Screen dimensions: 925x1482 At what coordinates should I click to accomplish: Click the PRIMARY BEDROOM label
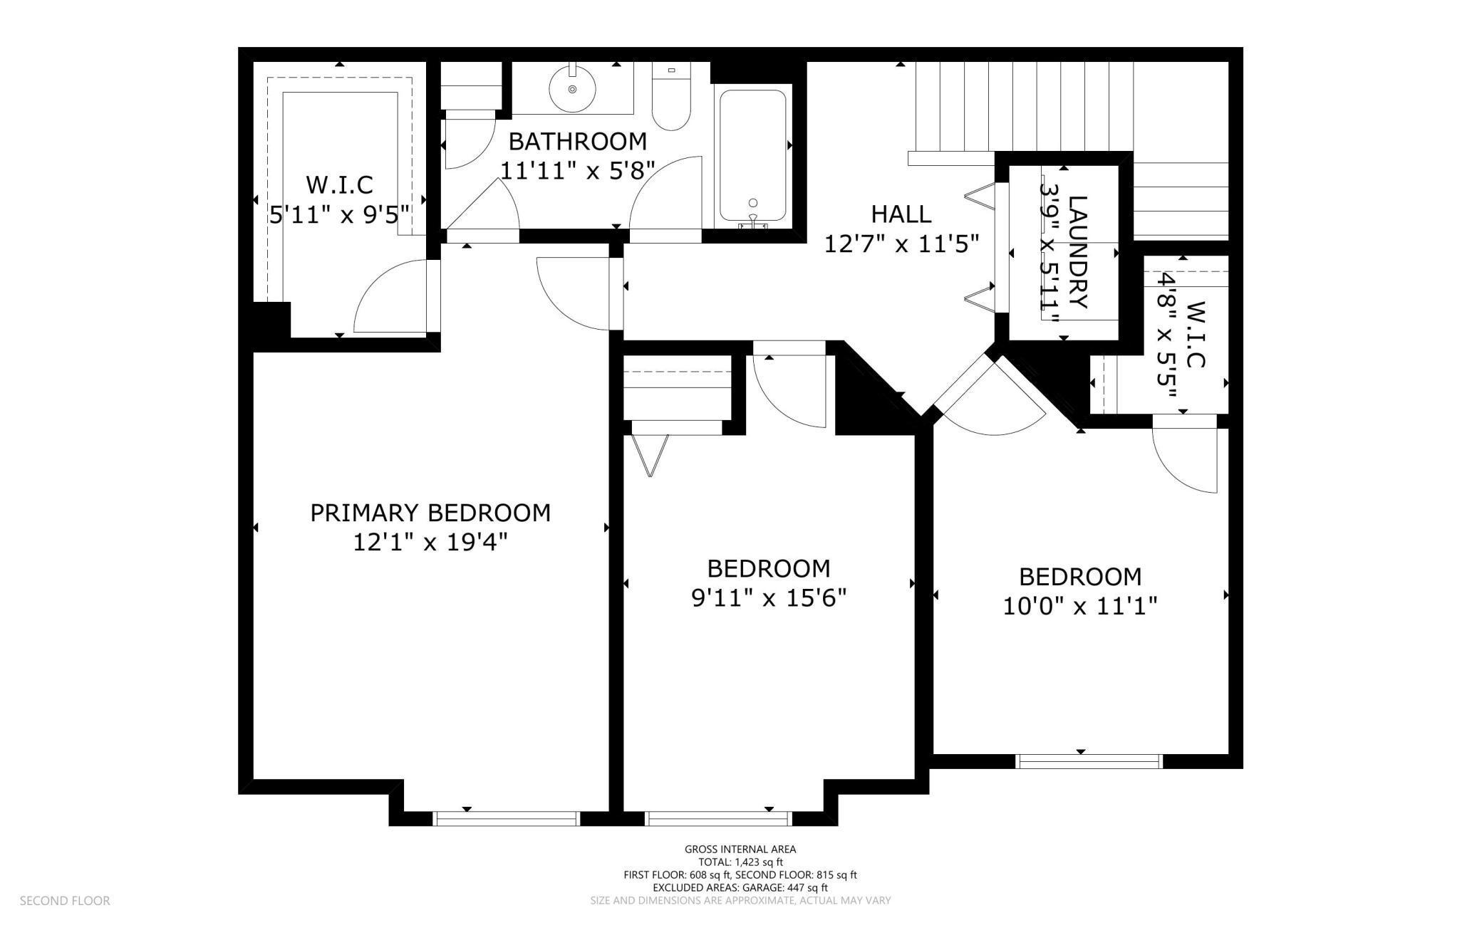tap(430, 513)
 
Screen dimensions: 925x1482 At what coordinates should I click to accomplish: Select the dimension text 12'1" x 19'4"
tap(430, 543)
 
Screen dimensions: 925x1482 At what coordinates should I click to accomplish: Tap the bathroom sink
tap(572, 89)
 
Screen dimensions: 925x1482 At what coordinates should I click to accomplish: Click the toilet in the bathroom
tap(671, 100)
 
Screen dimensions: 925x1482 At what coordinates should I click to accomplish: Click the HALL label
tap(901, 214)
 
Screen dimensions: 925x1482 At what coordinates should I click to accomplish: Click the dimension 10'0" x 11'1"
tap(1079, 607)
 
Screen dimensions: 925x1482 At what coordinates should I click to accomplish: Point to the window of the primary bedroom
tap(507, 819)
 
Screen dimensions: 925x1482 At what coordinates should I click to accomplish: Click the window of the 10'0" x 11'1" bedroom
tap(1088, 762)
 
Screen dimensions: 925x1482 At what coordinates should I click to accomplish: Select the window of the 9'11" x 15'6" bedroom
tap(718, 819)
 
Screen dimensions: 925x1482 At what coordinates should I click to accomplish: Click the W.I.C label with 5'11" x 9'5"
tap(339, 184)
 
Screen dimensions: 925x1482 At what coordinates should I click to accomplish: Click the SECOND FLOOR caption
tap(65, 901)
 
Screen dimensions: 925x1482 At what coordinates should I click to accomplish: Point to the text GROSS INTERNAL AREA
tap(740, 849)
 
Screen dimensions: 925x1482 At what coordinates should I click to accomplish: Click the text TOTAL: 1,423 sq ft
tap(740, 862)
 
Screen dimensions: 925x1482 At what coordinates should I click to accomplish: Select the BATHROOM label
tap(577, 141)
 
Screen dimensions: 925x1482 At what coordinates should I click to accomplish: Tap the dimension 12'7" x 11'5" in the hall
tap(901, 244)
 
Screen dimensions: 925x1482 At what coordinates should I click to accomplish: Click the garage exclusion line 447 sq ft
tap(740, 887)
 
